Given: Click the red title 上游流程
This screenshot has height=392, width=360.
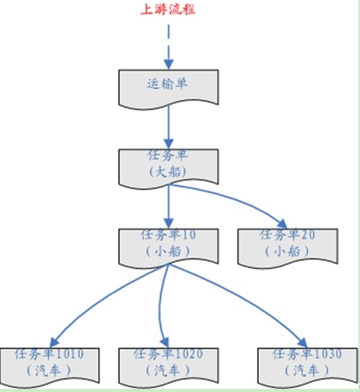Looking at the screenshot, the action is point(168,9).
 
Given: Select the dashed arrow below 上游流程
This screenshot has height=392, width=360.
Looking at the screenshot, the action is point(169,47).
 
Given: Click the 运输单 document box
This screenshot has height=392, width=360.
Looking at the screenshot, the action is point(169,89).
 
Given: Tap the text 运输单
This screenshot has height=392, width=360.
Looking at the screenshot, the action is point(167,84).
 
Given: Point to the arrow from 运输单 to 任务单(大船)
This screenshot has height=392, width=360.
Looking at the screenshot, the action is point(169,127).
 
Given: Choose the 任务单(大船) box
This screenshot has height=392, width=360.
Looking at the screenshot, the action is point(169,169).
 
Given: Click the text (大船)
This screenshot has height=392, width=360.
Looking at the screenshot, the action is point(168,171).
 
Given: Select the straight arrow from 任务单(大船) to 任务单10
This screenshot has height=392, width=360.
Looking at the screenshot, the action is point(169,207).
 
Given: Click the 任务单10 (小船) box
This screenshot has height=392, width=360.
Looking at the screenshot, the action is point(169,249).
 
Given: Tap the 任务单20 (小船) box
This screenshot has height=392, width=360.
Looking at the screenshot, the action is point(287,249).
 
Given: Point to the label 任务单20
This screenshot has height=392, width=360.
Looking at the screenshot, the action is point(287,235).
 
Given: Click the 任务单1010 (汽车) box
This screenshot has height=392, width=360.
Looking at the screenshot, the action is point(50,368).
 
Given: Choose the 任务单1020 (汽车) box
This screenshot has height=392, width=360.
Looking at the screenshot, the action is point(169,368).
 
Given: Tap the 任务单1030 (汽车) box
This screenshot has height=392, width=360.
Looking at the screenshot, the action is point(307,368).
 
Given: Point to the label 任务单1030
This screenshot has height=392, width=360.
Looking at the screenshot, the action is point(307,354).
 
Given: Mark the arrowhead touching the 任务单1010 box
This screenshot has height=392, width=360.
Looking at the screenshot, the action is point(53,343).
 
